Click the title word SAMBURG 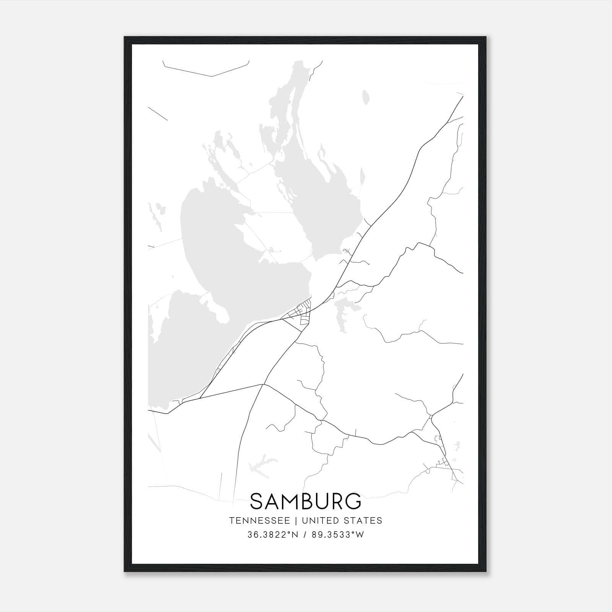pos(306,501)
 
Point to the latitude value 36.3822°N pos(272,535)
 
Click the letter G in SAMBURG pos(352,501)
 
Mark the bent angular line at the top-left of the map pos(212,76)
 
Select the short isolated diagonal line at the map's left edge pos(158,114)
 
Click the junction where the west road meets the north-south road pos(262,384)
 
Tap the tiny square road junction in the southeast pos(431,416)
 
